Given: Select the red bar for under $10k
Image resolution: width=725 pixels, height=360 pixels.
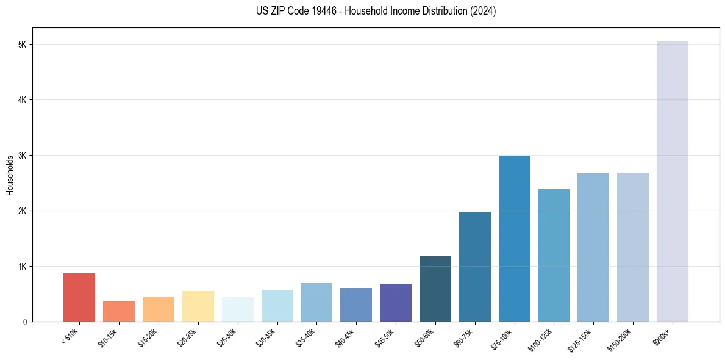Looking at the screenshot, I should tap(79, 297).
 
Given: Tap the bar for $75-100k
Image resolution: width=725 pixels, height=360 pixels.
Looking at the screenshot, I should tap(514, 239).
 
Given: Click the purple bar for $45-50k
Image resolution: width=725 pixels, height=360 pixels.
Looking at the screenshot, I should tap(396, 303).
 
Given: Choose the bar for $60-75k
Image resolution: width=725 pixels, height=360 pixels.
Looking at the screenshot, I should tap(474, 267).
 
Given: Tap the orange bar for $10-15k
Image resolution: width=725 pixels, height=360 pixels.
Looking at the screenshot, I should tap(119, 311).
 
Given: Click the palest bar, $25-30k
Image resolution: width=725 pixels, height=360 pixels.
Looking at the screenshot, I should tap(238, 309).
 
